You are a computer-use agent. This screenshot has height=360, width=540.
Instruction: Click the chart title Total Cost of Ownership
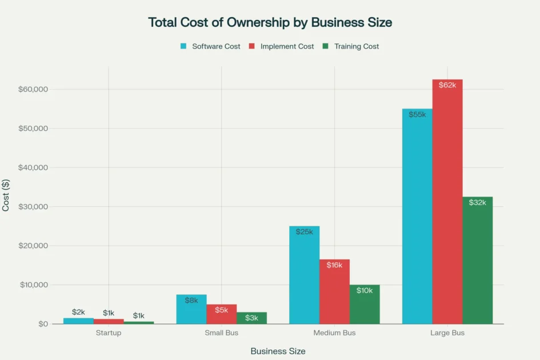coord(270,22)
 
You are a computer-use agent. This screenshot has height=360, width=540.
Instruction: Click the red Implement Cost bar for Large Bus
coord(447,206)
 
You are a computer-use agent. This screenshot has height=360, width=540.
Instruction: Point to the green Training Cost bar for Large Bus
coord(478,263)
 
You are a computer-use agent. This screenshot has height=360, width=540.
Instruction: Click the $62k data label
coord(447,85)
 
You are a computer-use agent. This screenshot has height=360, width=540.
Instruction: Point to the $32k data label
coord(478,202)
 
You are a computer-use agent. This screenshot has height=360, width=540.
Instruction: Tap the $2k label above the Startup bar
coord(78,312)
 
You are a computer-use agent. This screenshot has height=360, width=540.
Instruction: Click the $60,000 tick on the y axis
coord(33,90)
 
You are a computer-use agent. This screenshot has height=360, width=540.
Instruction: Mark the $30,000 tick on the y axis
coord(33,207)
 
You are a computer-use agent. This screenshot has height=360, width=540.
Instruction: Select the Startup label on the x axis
coord(109,333)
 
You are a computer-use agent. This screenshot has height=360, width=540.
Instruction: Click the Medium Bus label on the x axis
coord(334,333)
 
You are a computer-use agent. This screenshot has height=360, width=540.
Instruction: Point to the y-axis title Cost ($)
coord(6,195)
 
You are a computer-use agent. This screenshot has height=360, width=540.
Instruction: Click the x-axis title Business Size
coord(278,351)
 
